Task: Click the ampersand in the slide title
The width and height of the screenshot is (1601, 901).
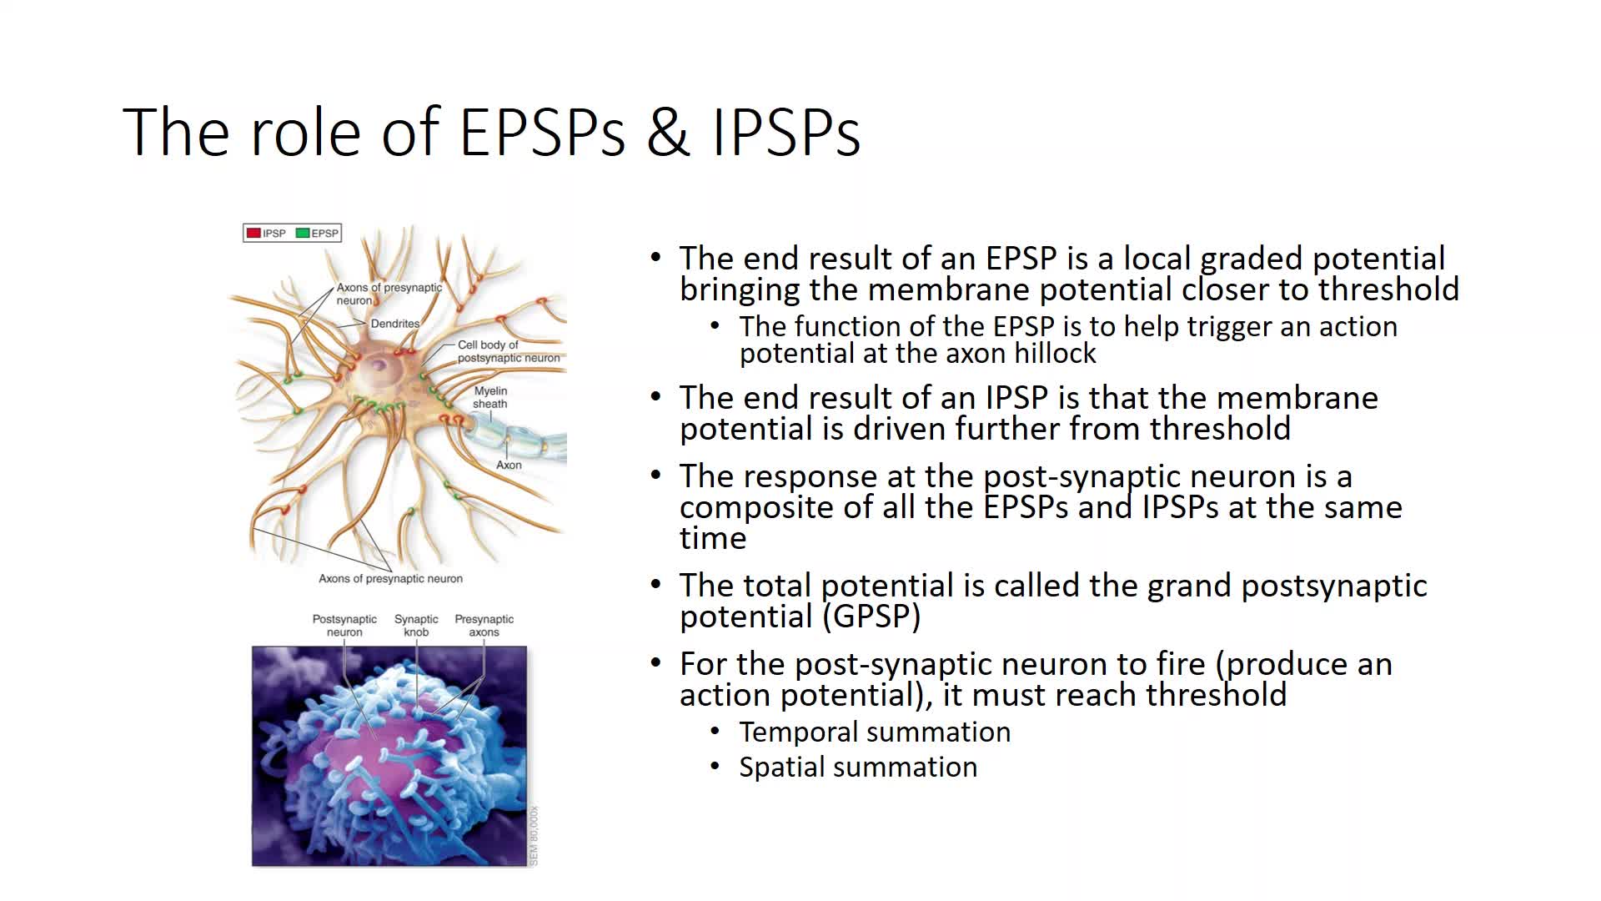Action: pyautogui.click(x=668, y=133)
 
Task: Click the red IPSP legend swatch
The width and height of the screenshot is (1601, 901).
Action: pyautogui.click(x=253, y=234)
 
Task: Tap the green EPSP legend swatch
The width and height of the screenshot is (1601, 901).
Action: pyautogui.click(x=303, y=234)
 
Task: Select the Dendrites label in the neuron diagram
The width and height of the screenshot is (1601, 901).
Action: pyautogui.click(x=395, y=324)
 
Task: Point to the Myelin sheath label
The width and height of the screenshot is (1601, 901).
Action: pyautogui.click(x=490, y=397)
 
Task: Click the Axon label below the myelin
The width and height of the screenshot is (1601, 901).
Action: pyautogui.click(x=509, y=466)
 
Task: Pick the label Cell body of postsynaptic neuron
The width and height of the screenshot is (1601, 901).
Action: pyautogui.click(x=509, y=351)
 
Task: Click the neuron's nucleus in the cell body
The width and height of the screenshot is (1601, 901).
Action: pyautogui.click(x=379, y=365)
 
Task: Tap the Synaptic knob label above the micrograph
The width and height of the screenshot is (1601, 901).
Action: pyautogui.click(x=416, y=626)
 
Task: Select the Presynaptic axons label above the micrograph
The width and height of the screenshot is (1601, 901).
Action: pyautogui.click(x=484, y=626)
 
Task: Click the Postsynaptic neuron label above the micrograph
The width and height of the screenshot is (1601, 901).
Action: pyautogui.click(x=344, y=626)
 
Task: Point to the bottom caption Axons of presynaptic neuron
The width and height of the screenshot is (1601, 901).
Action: pyautogui.click(x=390, y=578)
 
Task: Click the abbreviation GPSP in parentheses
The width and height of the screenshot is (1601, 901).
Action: pyautogui.click(x=875, y=617)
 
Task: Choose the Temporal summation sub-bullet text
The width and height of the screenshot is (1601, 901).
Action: pyautogui.click(x=875, y=732)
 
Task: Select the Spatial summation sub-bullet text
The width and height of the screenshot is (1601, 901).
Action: pyautogui.click(x=858, y=767)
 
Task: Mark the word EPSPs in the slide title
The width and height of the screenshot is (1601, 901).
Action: pyautogui.click(x=542, y=133)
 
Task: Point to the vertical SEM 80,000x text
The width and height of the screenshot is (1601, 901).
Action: pyautogui.click(x=534, y=835)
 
